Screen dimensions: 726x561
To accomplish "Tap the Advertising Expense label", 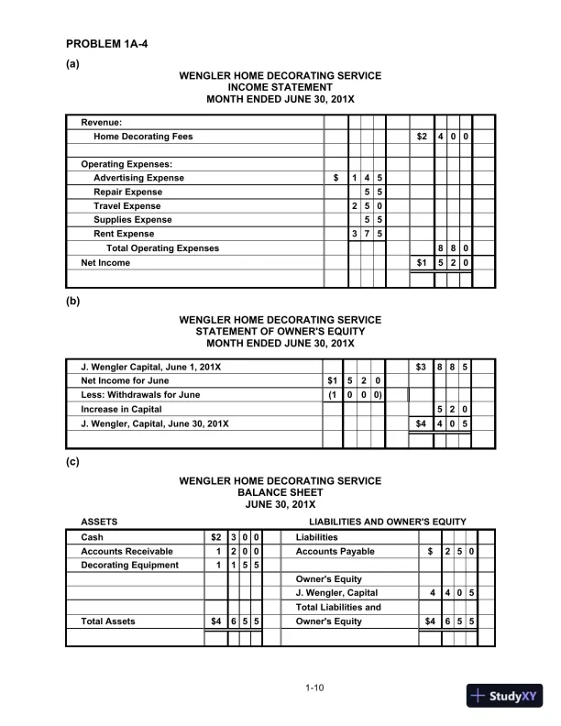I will pyautogui.click(x=138, y=178).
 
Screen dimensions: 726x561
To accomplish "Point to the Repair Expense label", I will pyautogui.click(x=127, y=192).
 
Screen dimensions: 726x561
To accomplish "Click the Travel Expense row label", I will pyautogui.click(x=127, y=206).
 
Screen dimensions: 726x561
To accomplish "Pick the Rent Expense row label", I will pyautogui.click(x=124, y=234).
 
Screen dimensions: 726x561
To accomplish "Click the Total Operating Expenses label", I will pyautogui.click(x=163, y=248).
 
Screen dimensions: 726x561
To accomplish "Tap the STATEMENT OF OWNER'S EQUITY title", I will pyautogui.click(x=280, y=332).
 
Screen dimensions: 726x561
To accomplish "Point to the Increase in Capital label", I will pyautogui.click(x=122, y=409).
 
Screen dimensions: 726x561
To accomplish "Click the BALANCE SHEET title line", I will pyautogui.click(x=280, y=492).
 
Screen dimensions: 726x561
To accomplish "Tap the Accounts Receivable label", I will pyautogui.click(x=126, y=552).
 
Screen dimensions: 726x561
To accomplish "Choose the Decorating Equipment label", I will pyautogui.click(x=129, y=566).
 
